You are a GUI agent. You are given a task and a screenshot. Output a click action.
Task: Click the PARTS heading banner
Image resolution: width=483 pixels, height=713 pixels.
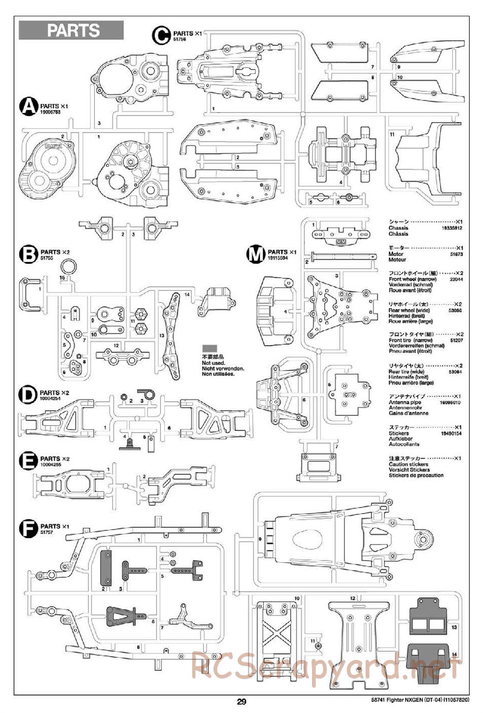71,30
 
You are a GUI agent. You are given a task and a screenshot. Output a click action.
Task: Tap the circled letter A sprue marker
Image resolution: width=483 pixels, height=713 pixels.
28,107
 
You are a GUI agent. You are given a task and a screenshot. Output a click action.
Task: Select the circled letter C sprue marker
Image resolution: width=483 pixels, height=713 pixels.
161,34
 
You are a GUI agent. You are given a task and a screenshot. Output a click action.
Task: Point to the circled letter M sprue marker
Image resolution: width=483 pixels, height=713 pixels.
256,253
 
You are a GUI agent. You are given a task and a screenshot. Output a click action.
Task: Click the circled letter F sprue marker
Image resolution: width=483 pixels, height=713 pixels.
28,528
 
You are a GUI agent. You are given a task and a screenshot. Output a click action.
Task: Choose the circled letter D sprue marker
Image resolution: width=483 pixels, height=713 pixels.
28,394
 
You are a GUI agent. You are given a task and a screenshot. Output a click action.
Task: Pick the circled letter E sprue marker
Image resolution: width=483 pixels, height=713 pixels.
28,461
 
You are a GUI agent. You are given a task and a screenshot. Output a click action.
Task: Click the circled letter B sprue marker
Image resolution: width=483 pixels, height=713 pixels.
28,254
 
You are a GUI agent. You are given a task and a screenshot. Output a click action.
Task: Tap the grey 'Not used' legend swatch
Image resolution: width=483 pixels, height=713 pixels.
210,348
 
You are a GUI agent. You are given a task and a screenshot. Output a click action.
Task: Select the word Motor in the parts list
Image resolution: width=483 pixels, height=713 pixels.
396,254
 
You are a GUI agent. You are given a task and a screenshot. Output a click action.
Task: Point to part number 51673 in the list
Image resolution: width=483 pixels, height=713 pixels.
455,254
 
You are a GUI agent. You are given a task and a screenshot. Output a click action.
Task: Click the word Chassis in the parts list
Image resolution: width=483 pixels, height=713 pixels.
398,228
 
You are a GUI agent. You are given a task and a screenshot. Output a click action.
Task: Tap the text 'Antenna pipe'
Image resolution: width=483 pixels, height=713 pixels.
405,402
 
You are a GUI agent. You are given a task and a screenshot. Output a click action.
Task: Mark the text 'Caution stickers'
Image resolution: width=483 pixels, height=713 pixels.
408,464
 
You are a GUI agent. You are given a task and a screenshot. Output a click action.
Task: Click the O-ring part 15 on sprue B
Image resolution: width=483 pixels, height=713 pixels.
68,266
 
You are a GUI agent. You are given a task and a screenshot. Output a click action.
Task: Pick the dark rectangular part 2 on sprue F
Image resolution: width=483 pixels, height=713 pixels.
106,568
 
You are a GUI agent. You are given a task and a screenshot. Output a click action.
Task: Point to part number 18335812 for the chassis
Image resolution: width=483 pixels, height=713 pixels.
452,228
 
